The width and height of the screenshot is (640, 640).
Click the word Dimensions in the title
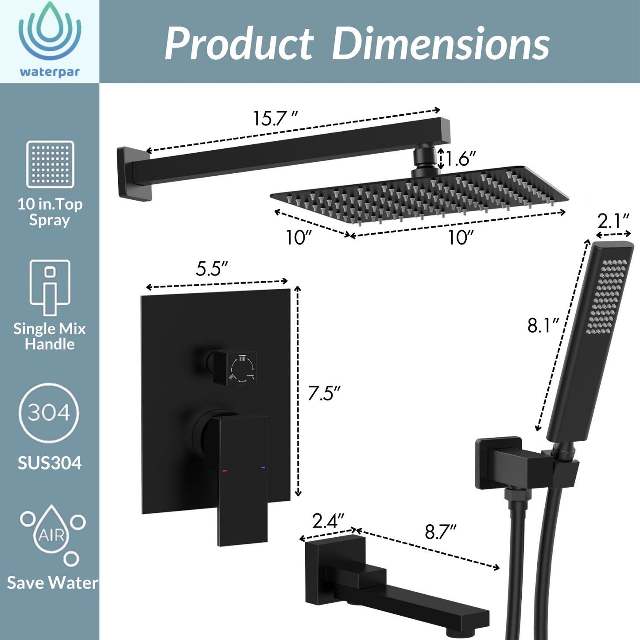point(440,44)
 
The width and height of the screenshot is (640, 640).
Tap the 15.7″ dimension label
point(274,119)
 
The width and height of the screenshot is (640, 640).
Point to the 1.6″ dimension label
point(461,158)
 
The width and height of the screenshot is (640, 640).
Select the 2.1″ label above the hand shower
point(613,221)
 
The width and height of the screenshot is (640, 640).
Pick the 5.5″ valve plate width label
point(212,268)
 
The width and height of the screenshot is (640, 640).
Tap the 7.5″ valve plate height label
point(324,393)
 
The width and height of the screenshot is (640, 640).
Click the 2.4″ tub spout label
point(328,521)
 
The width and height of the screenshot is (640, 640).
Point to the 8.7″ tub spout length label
point(440,531)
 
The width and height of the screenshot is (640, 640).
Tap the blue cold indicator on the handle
point(264,468)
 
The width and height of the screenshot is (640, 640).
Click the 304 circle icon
point(49,413)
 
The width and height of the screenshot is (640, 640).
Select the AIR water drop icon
point(52,534)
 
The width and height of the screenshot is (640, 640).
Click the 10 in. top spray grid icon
point(50,164)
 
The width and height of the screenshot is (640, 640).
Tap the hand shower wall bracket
point(498,463)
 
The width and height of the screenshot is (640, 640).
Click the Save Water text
point(52,582)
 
